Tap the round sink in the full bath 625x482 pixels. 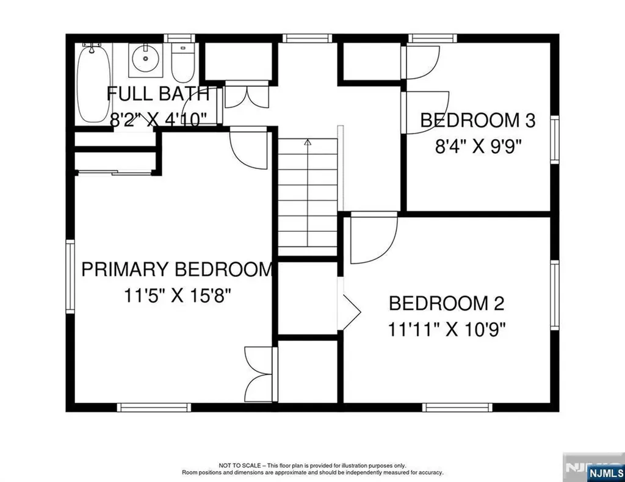(x=146, y=59)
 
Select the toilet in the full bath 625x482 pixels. (x=182, y=64)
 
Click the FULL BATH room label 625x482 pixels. (x=158, y=94)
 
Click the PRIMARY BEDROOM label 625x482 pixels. (x=177, y=269)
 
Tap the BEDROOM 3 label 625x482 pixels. (x=478, y=120)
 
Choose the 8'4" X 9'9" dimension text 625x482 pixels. (x=480, y=147)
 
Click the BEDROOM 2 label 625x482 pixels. (x=446, y=303)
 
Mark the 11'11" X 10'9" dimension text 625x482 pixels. (x=447, y=329)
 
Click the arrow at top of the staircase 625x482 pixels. (x=308, y=142)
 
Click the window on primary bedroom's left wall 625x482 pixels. (x=70, y=278)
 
